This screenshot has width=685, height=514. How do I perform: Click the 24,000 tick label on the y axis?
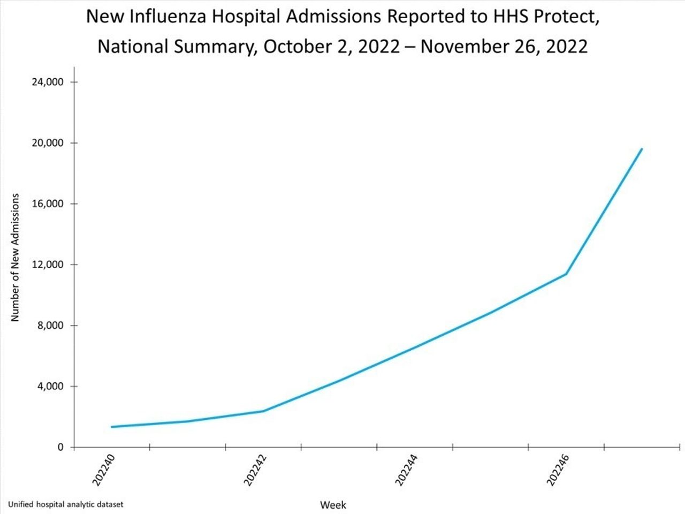(x=49, y=82)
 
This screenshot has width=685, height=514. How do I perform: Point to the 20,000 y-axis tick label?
(x=49, y=143)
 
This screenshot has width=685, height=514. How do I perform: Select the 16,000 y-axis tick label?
(x=49, y=204)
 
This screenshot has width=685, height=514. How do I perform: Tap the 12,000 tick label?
(x=49, y=264)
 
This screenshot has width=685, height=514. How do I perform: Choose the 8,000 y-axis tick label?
(x=51, y=326)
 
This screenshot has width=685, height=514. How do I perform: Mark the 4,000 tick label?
(x=51, y=386)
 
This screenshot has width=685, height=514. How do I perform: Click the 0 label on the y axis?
(x=60, y=447)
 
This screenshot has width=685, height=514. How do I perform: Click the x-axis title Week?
(x=333, y=505)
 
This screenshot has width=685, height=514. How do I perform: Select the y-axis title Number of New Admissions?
(x=15, y=258)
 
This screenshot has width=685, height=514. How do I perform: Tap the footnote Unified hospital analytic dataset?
(x=65, y=504)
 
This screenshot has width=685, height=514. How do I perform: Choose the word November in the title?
(x=461, y=47)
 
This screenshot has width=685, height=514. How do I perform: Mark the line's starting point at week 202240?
(x=112, y=427)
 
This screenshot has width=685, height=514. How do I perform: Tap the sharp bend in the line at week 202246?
(x=566, y=274)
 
